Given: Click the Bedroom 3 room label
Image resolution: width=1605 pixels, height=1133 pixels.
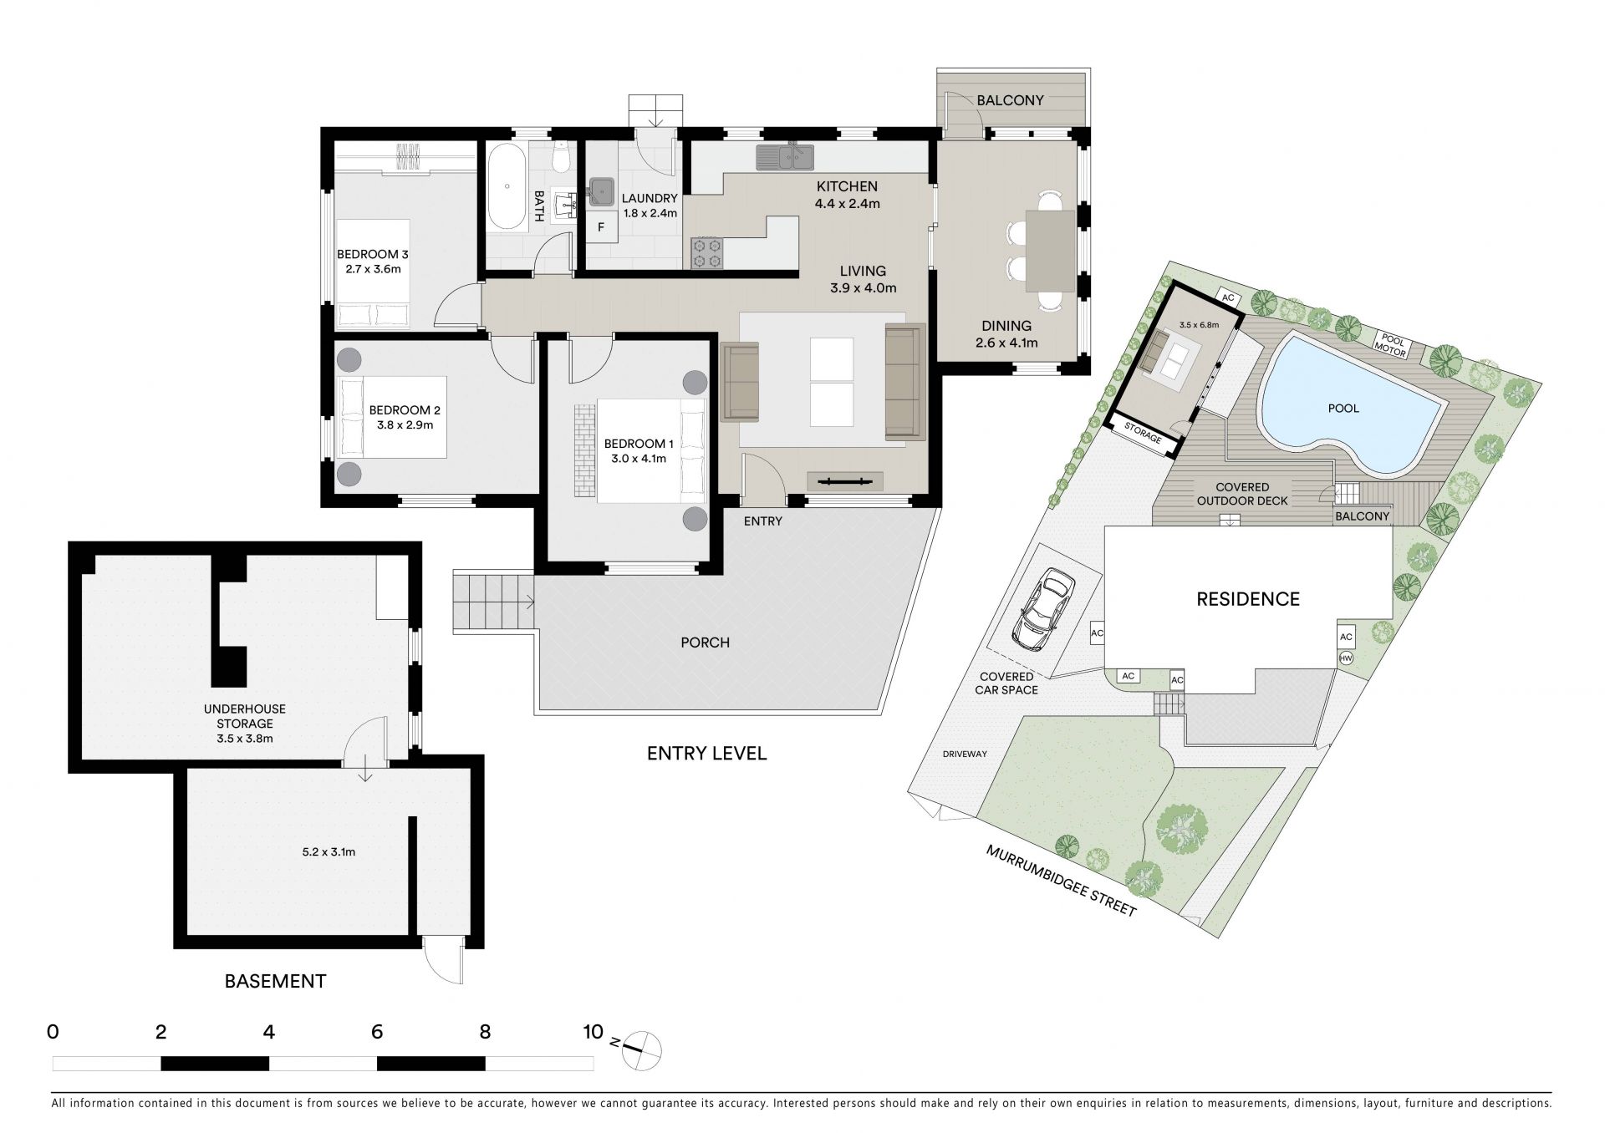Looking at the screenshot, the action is click(373, 262).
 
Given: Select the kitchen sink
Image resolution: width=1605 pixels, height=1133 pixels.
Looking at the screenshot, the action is click(785, 155).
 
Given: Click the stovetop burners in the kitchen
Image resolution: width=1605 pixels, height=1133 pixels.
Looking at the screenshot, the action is click(706, 253).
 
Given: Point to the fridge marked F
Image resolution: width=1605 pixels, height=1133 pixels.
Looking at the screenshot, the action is click(600, 227).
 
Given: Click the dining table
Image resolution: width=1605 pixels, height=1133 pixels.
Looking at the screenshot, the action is click(1050, 251).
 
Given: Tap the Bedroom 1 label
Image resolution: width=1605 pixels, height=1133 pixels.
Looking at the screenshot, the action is click(639, 451).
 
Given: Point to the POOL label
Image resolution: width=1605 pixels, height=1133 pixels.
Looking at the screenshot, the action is click(1343, 409).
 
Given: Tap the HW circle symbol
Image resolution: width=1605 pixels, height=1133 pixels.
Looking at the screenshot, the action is click(1346, 658).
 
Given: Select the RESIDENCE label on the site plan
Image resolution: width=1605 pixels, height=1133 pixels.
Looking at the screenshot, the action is click(1248, 599).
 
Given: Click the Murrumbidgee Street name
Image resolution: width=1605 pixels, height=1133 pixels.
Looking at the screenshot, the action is click(1062, 881).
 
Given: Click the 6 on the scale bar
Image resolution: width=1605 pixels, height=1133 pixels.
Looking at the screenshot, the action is click(377, 1033).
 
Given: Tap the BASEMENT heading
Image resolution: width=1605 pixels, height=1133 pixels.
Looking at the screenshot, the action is click(275, 981).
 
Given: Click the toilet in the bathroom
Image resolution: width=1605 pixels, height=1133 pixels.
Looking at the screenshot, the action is click(562, 155).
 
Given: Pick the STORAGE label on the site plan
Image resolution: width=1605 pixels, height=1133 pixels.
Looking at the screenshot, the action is click(1143, 438).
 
